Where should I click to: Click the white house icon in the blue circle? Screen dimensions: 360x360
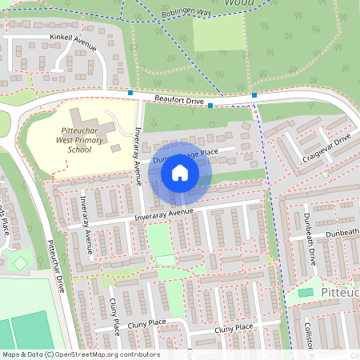pyautogui.click(x=180, y=172)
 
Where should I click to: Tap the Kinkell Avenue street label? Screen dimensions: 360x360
pyautogui.click(x=72, y=41)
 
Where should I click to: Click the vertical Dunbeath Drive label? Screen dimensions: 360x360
pyautogui.click(x=310, y=247)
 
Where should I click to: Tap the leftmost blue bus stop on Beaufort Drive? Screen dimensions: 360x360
pyautogui.click(x=130, y=93)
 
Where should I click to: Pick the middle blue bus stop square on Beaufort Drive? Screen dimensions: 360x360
pyautogui.click(x=210, y=105)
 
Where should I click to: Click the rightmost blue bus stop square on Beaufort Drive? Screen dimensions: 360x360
pyautogui.click(x=254, y=95)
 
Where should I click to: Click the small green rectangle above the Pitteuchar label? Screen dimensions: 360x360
pyautogui.click(x=306, y=293)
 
